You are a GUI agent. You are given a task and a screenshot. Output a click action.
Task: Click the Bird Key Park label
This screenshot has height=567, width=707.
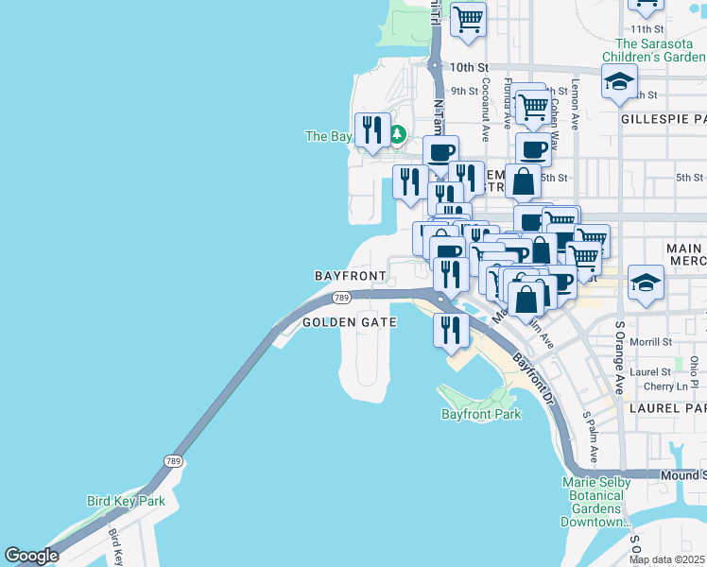click(126, 501)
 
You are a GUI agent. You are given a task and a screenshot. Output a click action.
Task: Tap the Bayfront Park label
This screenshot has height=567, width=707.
click(481, 414)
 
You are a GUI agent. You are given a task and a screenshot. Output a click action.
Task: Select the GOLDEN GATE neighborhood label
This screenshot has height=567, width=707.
click(349, 322)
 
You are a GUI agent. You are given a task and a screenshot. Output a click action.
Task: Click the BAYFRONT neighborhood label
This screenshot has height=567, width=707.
click(350, 276)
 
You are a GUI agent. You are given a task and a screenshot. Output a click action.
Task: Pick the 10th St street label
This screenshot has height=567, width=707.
click(468, 68)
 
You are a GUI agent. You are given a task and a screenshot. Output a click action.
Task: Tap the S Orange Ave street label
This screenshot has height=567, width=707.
click(620, 358)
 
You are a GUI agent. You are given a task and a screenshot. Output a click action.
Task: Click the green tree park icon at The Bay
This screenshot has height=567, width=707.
click(398, 134)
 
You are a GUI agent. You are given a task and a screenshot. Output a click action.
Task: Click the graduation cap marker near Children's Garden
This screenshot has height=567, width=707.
click(619, 84)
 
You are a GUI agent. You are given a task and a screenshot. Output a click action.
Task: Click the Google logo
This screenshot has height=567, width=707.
click(31, 556)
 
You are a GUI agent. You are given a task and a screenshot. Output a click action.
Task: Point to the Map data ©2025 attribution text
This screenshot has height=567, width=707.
click(666, 559)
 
